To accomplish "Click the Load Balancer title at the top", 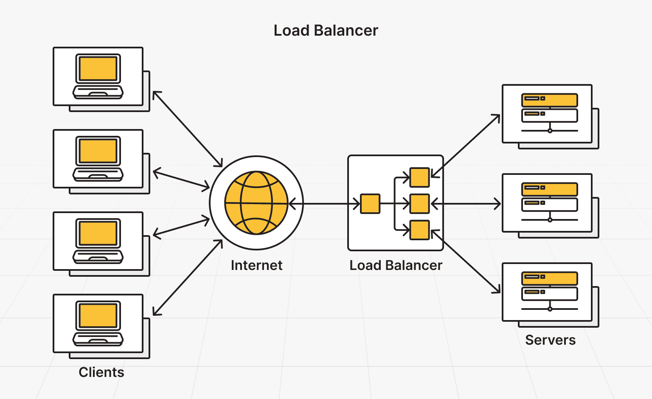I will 326,31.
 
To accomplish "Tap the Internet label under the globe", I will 256,265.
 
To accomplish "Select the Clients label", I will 101,372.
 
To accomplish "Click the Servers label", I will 550,340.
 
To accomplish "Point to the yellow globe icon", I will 256,203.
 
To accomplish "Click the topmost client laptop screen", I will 98,68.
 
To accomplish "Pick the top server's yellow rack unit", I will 549,100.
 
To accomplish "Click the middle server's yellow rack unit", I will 549,189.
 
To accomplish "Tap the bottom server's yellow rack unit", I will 549,278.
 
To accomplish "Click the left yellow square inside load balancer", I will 370,204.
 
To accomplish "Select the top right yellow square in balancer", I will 419,177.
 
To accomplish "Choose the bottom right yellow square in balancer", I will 419,230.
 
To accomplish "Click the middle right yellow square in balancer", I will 419,204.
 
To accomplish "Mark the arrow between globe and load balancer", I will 325,204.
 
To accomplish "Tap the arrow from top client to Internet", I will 188,129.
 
